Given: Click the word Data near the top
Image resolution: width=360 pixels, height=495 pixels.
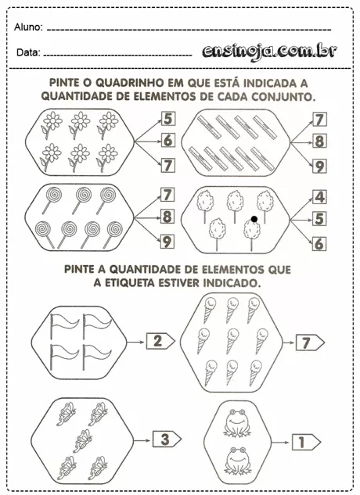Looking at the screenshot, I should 27,53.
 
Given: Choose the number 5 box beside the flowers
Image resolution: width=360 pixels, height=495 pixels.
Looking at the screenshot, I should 168,120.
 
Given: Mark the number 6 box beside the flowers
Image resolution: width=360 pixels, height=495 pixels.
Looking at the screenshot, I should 168,142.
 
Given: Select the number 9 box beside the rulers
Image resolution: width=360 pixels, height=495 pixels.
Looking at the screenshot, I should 319,165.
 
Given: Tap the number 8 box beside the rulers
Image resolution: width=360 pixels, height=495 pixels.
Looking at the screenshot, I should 319,142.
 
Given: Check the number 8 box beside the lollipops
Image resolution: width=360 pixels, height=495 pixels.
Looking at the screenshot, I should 167,217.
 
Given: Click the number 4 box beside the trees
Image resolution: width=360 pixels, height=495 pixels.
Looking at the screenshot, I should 319,197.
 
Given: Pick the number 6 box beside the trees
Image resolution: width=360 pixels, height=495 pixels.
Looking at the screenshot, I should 319,244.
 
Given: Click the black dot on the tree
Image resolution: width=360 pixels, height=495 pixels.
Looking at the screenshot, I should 254,220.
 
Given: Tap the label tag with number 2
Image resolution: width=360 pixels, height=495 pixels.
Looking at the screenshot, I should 160,340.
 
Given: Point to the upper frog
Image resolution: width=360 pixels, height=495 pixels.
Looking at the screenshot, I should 236,423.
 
